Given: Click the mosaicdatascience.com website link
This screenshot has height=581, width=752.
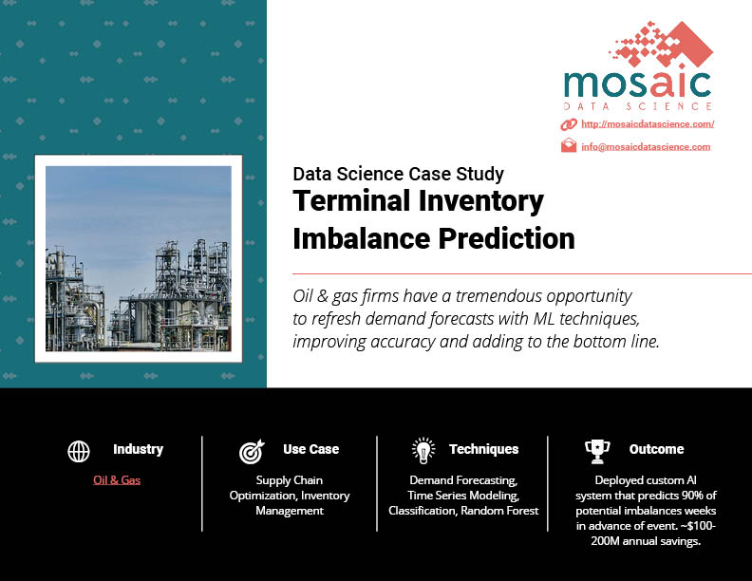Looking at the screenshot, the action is coord(648,124).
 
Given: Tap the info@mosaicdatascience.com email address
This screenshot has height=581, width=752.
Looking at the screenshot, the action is coord(646,147).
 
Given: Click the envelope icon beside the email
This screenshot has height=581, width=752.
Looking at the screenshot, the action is coord(569,145).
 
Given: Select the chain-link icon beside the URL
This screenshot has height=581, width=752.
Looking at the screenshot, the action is coord(569,124).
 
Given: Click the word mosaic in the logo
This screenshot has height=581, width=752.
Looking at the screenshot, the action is coord(637,84).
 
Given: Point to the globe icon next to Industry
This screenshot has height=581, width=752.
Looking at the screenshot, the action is coord(79,451).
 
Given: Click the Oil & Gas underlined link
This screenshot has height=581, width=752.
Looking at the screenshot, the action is coord(117,479).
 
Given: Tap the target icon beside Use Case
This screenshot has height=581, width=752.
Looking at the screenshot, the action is coord(252,451).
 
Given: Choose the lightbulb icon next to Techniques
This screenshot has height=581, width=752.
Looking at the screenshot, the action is coord(423,451).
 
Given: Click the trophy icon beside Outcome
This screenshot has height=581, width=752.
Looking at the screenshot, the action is coord(597,452).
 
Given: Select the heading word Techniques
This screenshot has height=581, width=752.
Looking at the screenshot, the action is coord(484,449).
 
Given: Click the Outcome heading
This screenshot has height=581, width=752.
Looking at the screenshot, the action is coord(656,449).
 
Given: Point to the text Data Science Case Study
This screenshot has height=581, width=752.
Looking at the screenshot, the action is coord(399,174).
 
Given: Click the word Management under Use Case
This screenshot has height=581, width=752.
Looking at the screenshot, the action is coord(290,511).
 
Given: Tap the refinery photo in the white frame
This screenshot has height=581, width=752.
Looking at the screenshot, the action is coord(139,258).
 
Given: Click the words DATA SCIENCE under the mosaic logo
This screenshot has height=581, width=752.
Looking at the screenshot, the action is coord(638,106).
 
